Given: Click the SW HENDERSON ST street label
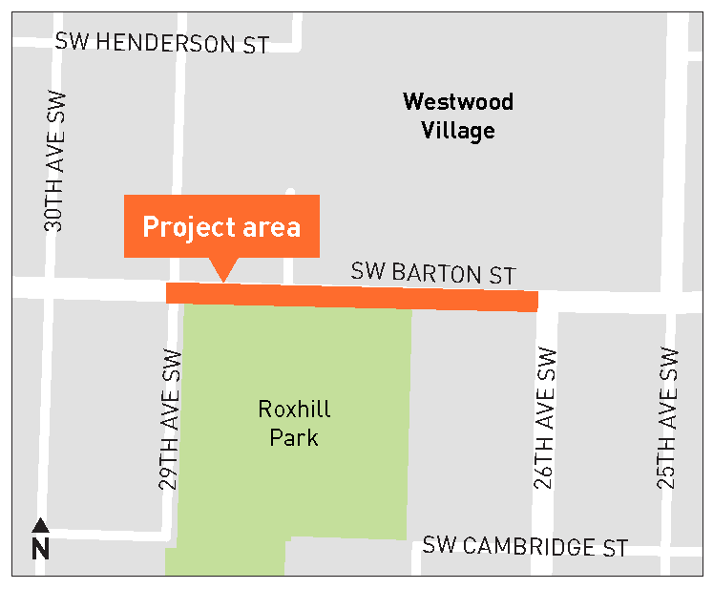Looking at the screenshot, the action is tap(162, 43).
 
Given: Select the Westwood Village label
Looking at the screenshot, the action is tap(458, 116).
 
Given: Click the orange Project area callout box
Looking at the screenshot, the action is tap(221, 226).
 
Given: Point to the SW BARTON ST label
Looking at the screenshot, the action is tap(433, 273).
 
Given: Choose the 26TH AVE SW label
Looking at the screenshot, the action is tap(545, 418).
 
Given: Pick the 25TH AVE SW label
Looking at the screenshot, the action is tap(670, 418).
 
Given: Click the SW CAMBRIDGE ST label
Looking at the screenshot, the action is tap(526, 547).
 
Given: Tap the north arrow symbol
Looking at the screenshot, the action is tap(40, 525).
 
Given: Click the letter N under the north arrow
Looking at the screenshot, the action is tap(40, 549).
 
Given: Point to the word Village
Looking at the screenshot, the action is tap(458, 130).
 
